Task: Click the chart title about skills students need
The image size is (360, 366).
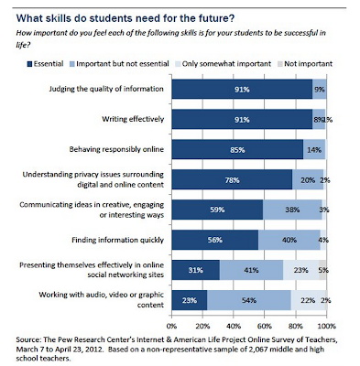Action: [125, 18]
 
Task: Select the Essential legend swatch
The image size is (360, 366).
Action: [29, 64]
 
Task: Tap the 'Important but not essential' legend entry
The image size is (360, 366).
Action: [119, 64]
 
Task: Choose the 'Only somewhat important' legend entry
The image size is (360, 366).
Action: [224, 64]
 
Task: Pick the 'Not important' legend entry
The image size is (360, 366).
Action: [305, 64]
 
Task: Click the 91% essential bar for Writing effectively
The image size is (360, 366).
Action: [242, 119]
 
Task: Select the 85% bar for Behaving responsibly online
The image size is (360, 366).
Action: [237, 149]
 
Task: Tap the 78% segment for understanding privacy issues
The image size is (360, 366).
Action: [232, 179]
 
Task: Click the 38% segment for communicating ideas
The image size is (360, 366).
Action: [292, 210]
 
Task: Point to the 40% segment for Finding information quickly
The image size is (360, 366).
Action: [289, 240]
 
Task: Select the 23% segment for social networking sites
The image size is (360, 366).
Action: [300, 270]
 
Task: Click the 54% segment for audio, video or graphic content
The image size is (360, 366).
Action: [249, 300]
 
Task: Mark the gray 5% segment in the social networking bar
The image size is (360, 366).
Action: [322, 270]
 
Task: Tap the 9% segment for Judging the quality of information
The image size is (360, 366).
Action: [320, 89]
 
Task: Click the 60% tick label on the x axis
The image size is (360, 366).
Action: [265, 326]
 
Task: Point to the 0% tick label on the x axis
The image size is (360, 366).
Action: [172, 326]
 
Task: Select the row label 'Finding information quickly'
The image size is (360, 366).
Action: [117, 240]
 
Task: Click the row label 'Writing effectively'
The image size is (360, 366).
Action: [133, 119]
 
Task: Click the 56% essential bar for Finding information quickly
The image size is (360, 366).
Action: [215, 240]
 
